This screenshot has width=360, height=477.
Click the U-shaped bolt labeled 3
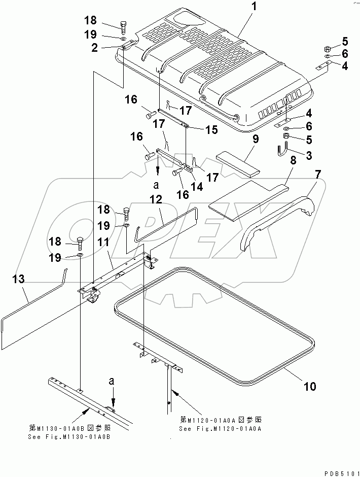(282, 151)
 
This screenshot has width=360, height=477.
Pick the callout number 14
(195, 186)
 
